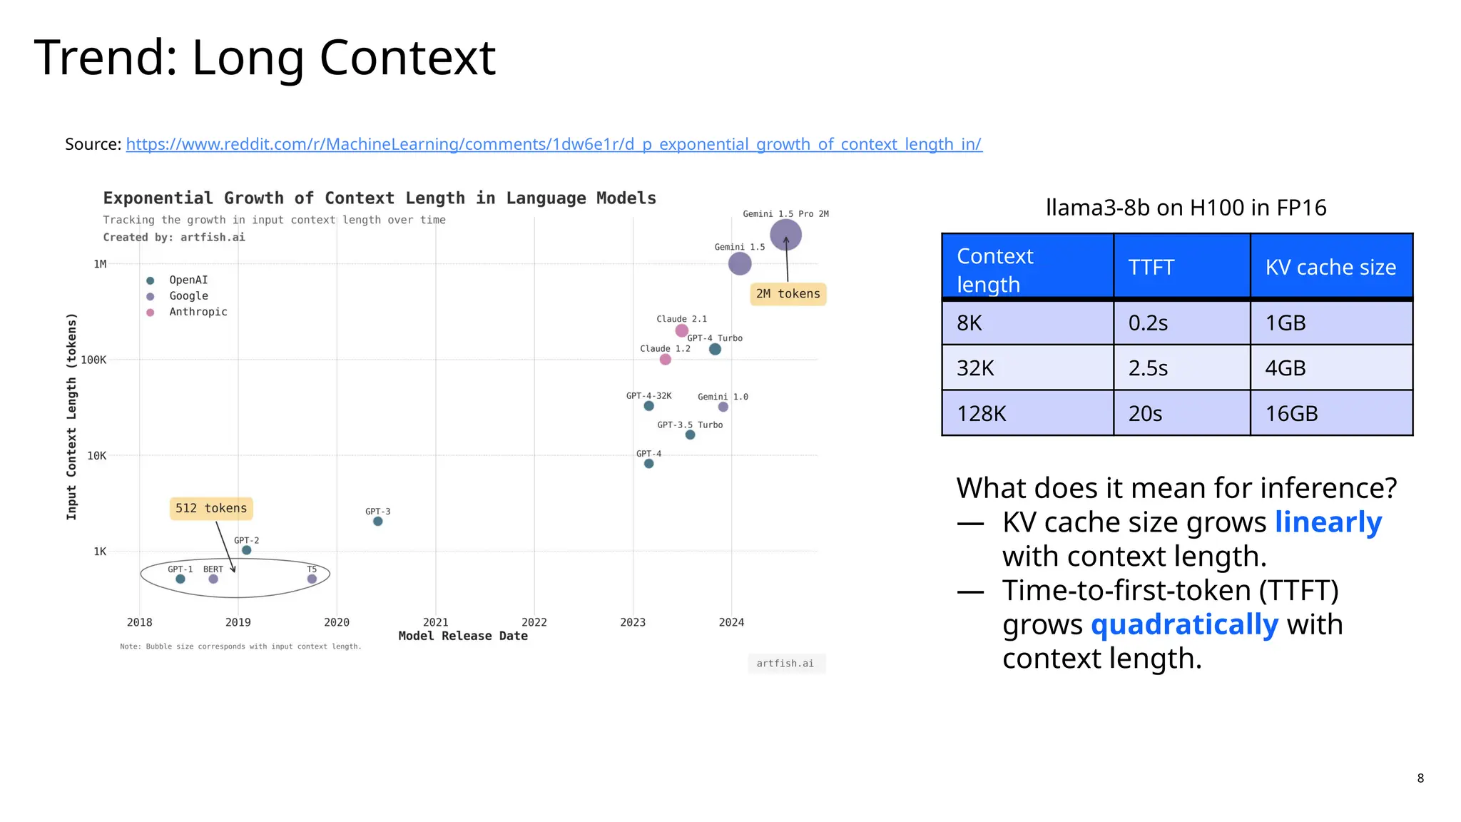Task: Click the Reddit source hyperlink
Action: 554,144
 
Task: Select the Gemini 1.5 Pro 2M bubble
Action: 785,235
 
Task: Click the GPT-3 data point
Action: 378,522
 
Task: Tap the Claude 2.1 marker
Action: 681,330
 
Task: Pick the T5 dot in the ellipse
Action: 312,579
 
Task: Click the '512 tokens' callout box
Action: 211,508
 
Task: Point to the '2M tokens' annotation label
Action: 788,294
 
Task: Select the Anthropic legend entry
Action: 198,312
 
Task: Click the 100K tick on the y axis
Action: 93,360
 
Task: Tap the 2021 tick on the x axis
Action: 435,622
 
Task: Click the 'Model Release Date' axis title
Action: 463,636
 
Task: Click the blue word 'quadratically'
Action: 1184,624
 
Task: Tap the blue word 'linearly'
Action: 1328,522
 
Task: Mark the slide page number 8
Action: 1420,778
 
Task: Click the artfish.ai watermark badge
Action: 785,664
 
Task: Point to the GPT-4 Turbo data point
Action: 715,349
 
